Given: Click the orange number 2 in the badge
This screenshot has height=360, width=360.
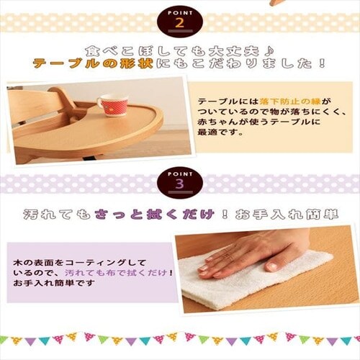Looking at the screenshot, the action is (x=180, y=23).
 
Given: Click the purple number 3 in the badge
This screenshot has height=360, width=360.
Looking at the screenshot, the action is (x=180, y=184).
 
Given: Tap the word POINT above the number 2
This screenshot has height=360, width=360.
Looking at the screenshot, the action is (x=180, y=13).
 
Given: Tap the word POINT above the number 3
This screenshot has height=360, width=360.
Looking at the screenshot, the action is (x=180, y=174).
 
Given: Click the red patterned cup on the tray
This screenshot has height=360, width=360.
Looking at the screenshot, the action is (x=113, y=105).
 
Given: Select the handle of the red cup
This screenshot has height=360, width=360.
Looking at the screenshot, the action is (x=100, y=102).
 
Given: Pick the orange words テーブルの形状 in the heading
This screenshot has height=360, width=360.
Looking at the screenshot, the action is (x=94, y=63).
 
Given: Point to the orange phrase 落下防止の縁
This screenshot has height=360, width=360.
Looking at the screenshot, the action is (x=290, y=102).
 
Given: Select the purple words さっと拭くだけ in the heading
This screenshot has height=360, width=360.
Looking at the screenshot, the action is (x=154, y=214).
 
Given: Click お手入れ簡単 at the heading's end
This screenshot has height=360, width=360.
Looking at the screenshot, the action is (x=287, y=214).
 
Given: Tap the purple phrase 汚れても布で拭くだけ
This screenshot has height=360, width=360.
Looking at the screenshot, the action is (x=116, y=273).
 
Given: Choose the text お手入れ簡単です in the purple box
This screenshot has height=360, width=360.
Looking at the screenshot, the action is (x=54, y=283).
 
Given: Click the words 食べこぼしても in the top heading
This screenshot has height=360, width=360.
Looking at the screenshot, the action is (x=145, y=50).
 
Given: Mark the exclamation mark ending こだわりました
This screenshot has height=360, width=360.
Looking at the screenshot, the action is (x=323, y=63).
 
